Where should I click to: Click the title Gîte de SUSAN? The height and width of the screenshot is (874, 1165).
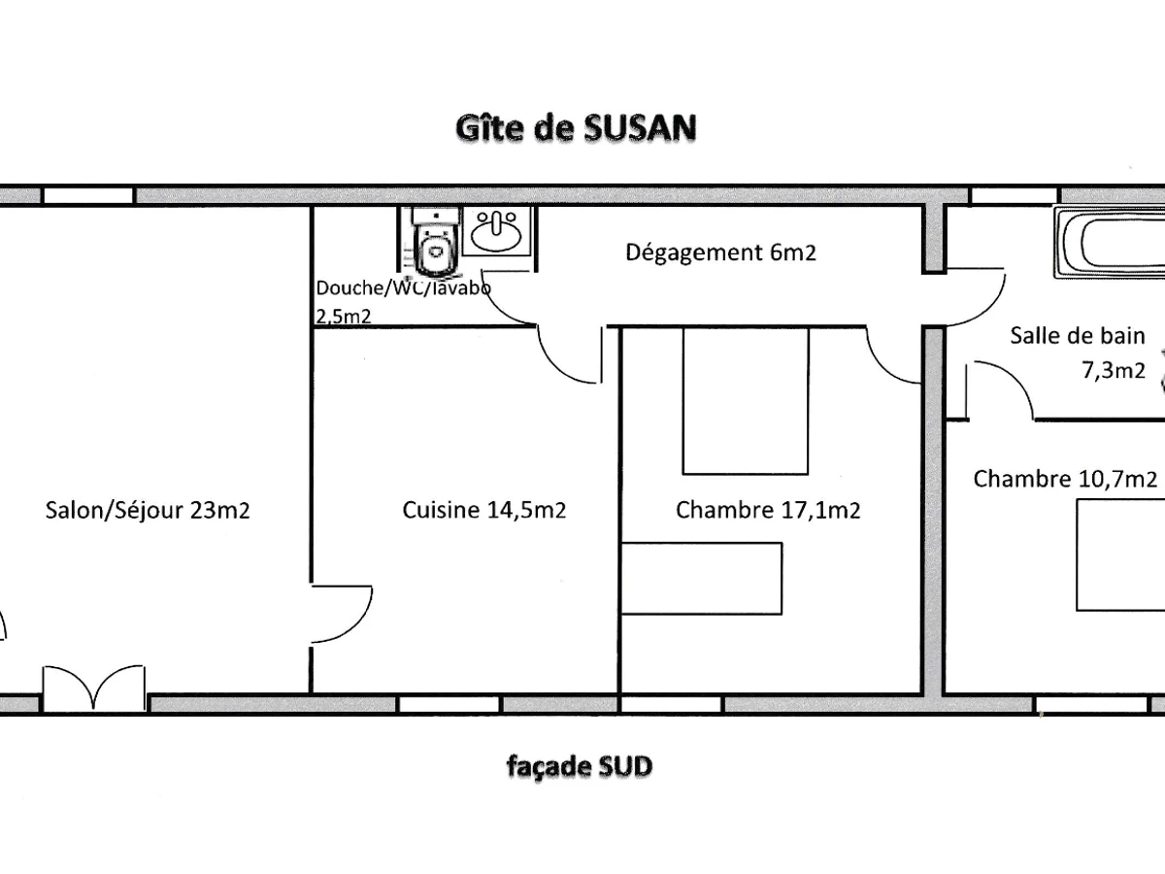click(x=576, y=129)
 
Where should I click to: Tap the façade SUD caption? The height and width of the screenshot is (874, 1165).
click(x=580, y=767)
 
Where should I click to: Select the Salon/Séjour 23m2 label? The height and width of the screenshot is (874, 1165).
click(x=148, y=510)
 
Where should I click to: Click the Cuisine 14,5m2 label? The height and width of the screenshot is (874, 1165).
click(x=484, y=510)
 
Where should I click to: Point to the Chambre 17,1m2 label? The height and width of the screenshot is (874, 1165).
click(x=768, y=510)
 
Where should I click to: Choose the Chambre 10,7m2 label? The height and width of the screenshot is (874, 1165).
click(x=1065, y=479)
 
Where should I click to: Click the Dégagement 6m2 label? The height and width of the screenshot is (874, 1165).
click(x=720, y=253)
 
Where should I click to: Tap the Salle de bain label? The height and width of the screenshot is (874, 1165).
click(x=1078, y=336)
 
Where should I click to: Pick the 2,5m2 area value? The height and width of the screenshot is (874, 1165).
click(x=344, y=315)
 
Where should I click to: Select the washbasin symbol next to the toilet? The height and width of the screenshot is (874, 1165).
click(x=498, y=232)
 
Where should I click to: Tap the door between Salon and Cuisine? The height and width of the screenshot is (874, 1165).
click(x=342, y=612)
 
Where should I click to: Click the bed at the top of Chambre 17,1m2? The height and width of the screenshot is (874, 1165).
click(x=745, y=400)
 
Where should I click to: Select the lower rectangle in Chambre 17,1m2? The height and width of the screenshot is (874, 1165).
click(x=701, y=578)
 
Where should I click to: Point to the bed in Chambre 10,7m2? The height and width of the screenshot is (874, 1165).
click(x=1121, y=560)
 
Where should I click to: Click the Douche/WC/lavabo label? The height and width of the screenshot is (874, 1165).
click(x=404, y=288)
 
